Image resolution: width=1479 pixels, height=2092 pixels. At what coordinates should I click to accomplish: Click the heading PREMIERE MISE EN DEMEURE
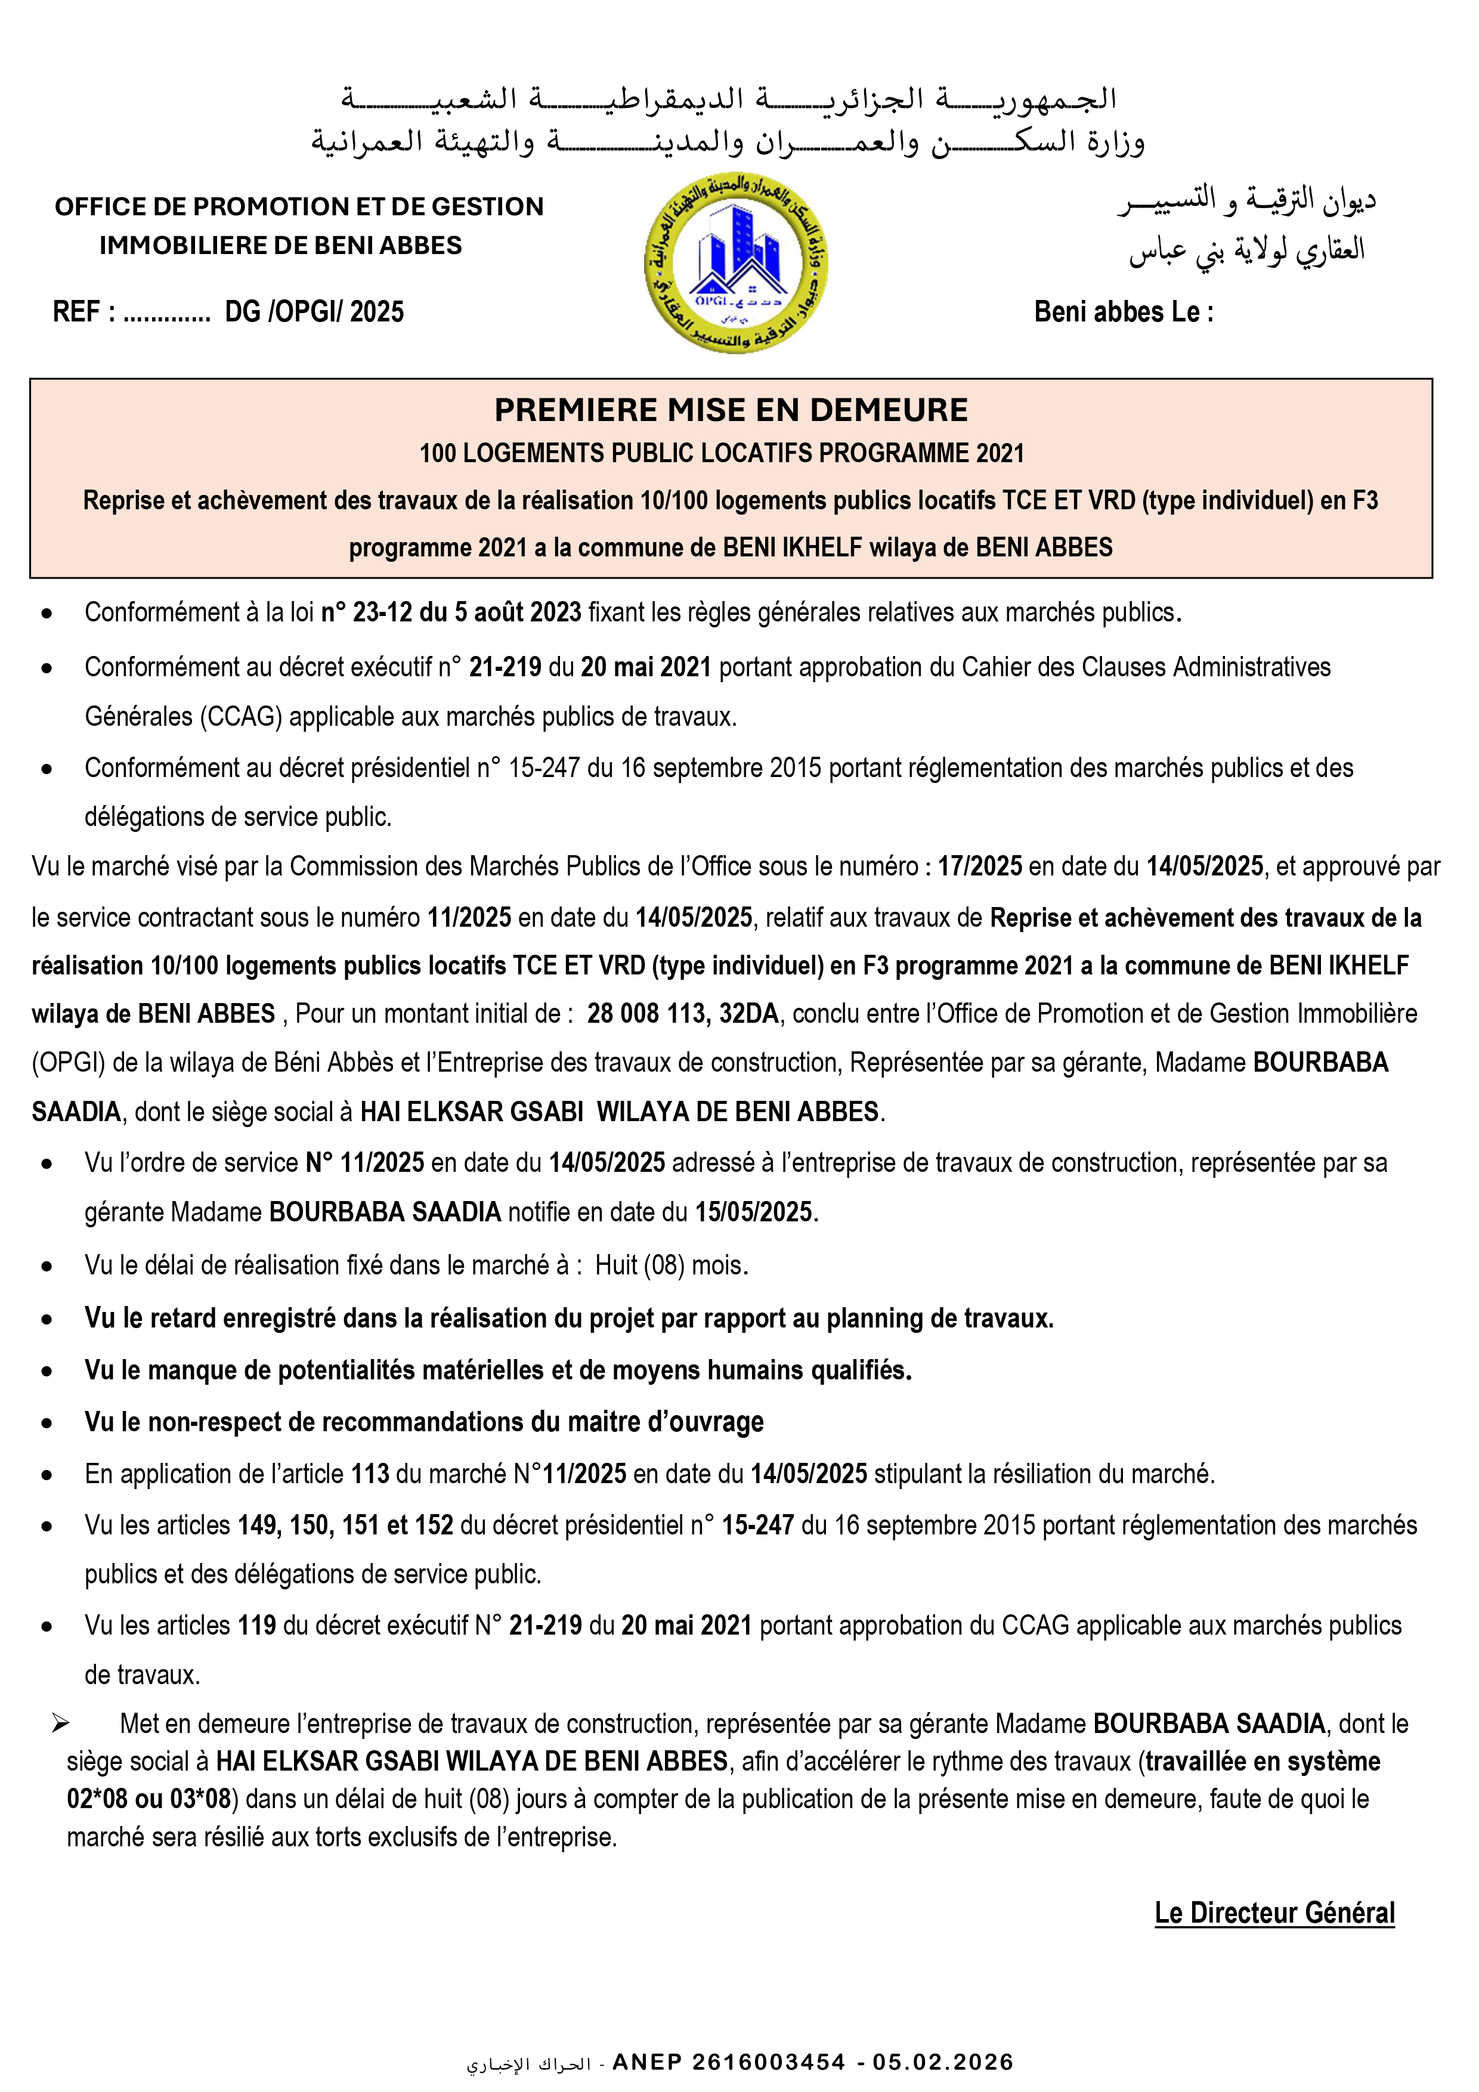[x=731, y=410]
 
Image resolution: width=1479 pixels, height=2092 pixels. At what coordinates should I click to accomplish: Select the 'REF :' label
[x=84, y=312]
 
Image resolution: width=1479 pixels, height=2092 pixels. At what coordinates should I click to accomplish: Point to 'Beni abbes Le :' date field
[x=1123, y=312]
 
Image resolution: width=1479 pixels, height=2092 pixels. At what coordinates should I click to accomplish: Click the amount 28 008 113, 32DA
[x=682, y=1014]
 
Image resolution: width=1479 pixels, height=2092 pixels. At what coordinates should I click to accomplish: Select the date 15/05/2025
[x=754, y=1212]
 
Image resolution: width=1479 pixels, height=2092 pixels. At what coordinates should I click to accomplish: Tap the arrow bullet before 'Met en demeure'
[x=60, y=1723]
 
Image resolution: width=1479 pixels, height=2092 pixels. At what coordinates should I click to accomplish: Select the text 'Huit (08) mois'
[x=671, y=1265]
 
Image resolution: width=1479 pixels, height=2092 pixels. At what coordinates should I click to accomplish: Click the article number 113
[x=370, y=1474]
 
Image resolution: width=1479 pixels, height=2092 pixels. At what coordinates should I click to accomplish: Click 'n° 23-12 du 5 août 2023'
[x=450, y=612]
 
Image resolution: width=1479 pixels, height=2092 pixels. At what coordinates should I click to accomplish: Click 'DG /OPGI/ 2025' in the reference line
[x=314, y=312]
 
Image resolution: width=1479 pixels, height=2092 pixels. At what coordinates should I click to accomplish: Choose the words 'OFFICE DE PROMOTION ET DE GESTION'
[x=299, y=207]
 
